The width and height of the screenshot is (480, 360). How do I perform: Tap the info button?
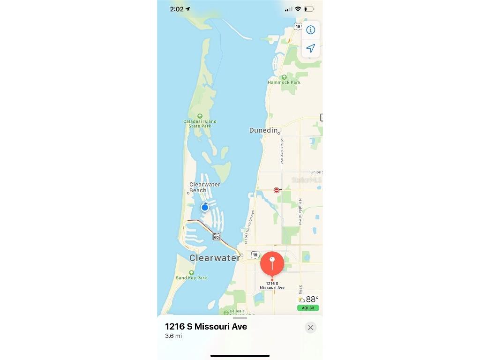click(x=310, y=30)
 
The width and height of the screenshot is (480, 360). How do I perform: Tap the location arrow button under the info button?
click(x=310, y=48)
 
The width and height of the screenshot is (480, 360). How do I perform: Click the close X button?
click(x=310, y=328)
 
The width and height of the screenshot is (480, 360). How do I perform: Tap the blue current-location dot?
click(x=205, y=207)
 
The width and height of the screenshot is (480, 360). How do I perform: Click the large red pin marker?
click(x=272, y=263)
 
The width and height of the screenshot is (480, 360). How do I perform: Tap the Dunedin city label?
click(x=263, y=130)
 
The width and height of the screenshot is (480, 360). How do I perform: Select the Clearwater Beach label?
click(x=204, y=187)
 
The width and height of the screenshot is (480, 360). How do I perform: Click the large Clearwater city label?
click(x=215, y=258)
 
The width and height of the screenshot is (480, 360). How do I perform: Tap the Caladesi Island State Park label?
click(x=200, y=124)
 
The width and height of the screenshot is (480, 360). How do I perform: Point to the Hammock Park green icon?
click(x=284, y=77)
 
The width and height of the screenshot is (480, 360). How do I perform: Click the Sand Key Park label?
click(x=191, y=278)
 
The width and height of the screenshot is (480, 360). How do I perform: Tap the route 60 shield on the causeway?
click(x=216, y=237)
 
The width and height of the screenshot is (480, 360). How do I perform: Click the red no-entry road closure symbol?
click(x=277, y=190)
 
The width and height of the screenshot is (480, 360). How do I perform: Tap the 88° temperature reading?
click(x=312, y=299)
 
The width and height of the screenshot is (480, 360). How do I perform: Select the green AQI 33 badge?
click(x=308, y=308)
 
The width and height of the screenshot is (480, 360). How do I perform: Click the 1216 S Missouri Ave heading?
click(x=206, y=327)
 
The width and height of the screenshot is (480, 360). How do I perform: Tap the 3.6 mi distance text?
click(x=173, y=336)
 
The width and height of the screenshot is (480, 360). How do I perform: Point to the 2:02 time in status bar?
click(x=177, y=9)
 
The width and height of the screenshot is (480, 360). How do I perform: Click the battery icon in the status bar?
click(x=309, y=9)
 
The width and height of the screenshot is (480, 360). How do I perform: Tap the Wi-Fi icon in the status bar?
click(x=298, y=9)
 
